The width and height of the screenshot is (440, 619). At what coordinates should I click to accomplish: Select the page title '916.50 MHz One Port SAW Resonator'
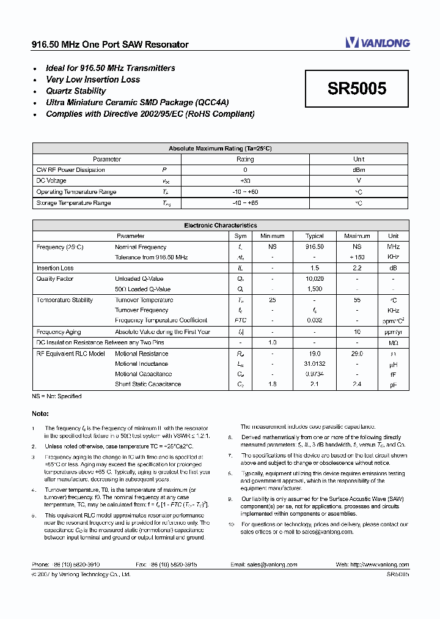tap(110, 45)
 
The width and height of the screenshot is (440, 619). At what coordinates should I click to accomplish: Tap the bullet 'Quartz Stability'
tap(76, 91)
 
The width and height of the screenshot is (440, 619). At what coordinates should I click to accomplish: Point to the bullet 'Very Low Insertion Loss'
tap(93, 80)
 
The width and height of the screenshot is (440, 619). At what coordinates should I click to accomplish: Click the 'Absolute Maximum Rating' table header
tap(220, 149)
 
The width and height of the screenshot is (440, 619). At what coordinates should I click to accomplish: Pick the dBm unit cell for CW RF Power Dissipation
tap(359, 170)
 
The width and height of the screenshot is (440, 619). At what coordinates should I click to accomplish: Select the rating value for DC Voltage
tap(245, 181)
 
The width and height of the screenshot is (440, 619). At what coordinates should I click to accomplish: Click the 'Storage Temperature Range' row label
tap(73, 203)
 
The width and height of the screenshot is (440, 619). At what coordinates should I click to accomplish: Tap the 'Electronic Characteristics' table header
tap(220, 226)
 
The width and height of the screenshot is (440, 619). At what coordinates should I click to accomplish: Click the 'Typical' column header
tap(314, 236)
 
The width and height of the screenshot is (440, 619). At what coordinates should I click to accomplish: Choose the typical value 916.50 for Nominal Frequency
tap(314, 247)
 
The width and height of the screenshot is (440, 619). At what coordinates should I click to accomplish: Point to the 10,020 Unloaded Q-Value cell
tap(314, 279)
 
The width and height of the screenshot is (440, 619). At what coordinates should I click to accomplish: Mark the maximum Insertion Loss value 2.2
tap(357, 268)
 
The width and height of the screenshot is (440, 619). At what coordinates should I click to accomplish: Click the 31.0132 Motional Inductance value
tap(314, 364)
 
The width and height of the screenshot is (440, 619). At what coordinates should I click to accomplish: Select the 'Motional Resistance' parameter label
tap(141, 354)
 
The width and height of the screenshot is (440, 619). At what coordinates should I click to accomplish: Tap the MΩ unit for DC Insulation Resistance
tap(393, 343)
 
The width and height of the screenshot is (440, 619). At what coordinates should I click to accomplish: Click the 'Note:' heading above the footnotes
tap(40, 413)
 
